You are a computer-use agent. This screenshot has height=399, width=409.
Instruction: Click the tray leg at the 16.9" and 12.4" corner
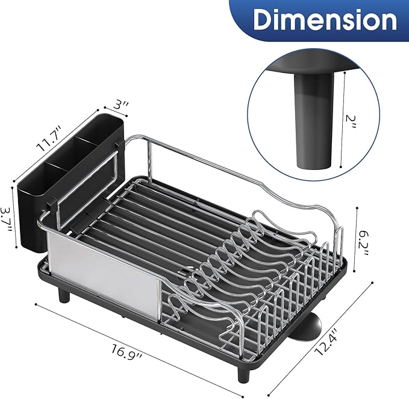click(244, 372)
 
